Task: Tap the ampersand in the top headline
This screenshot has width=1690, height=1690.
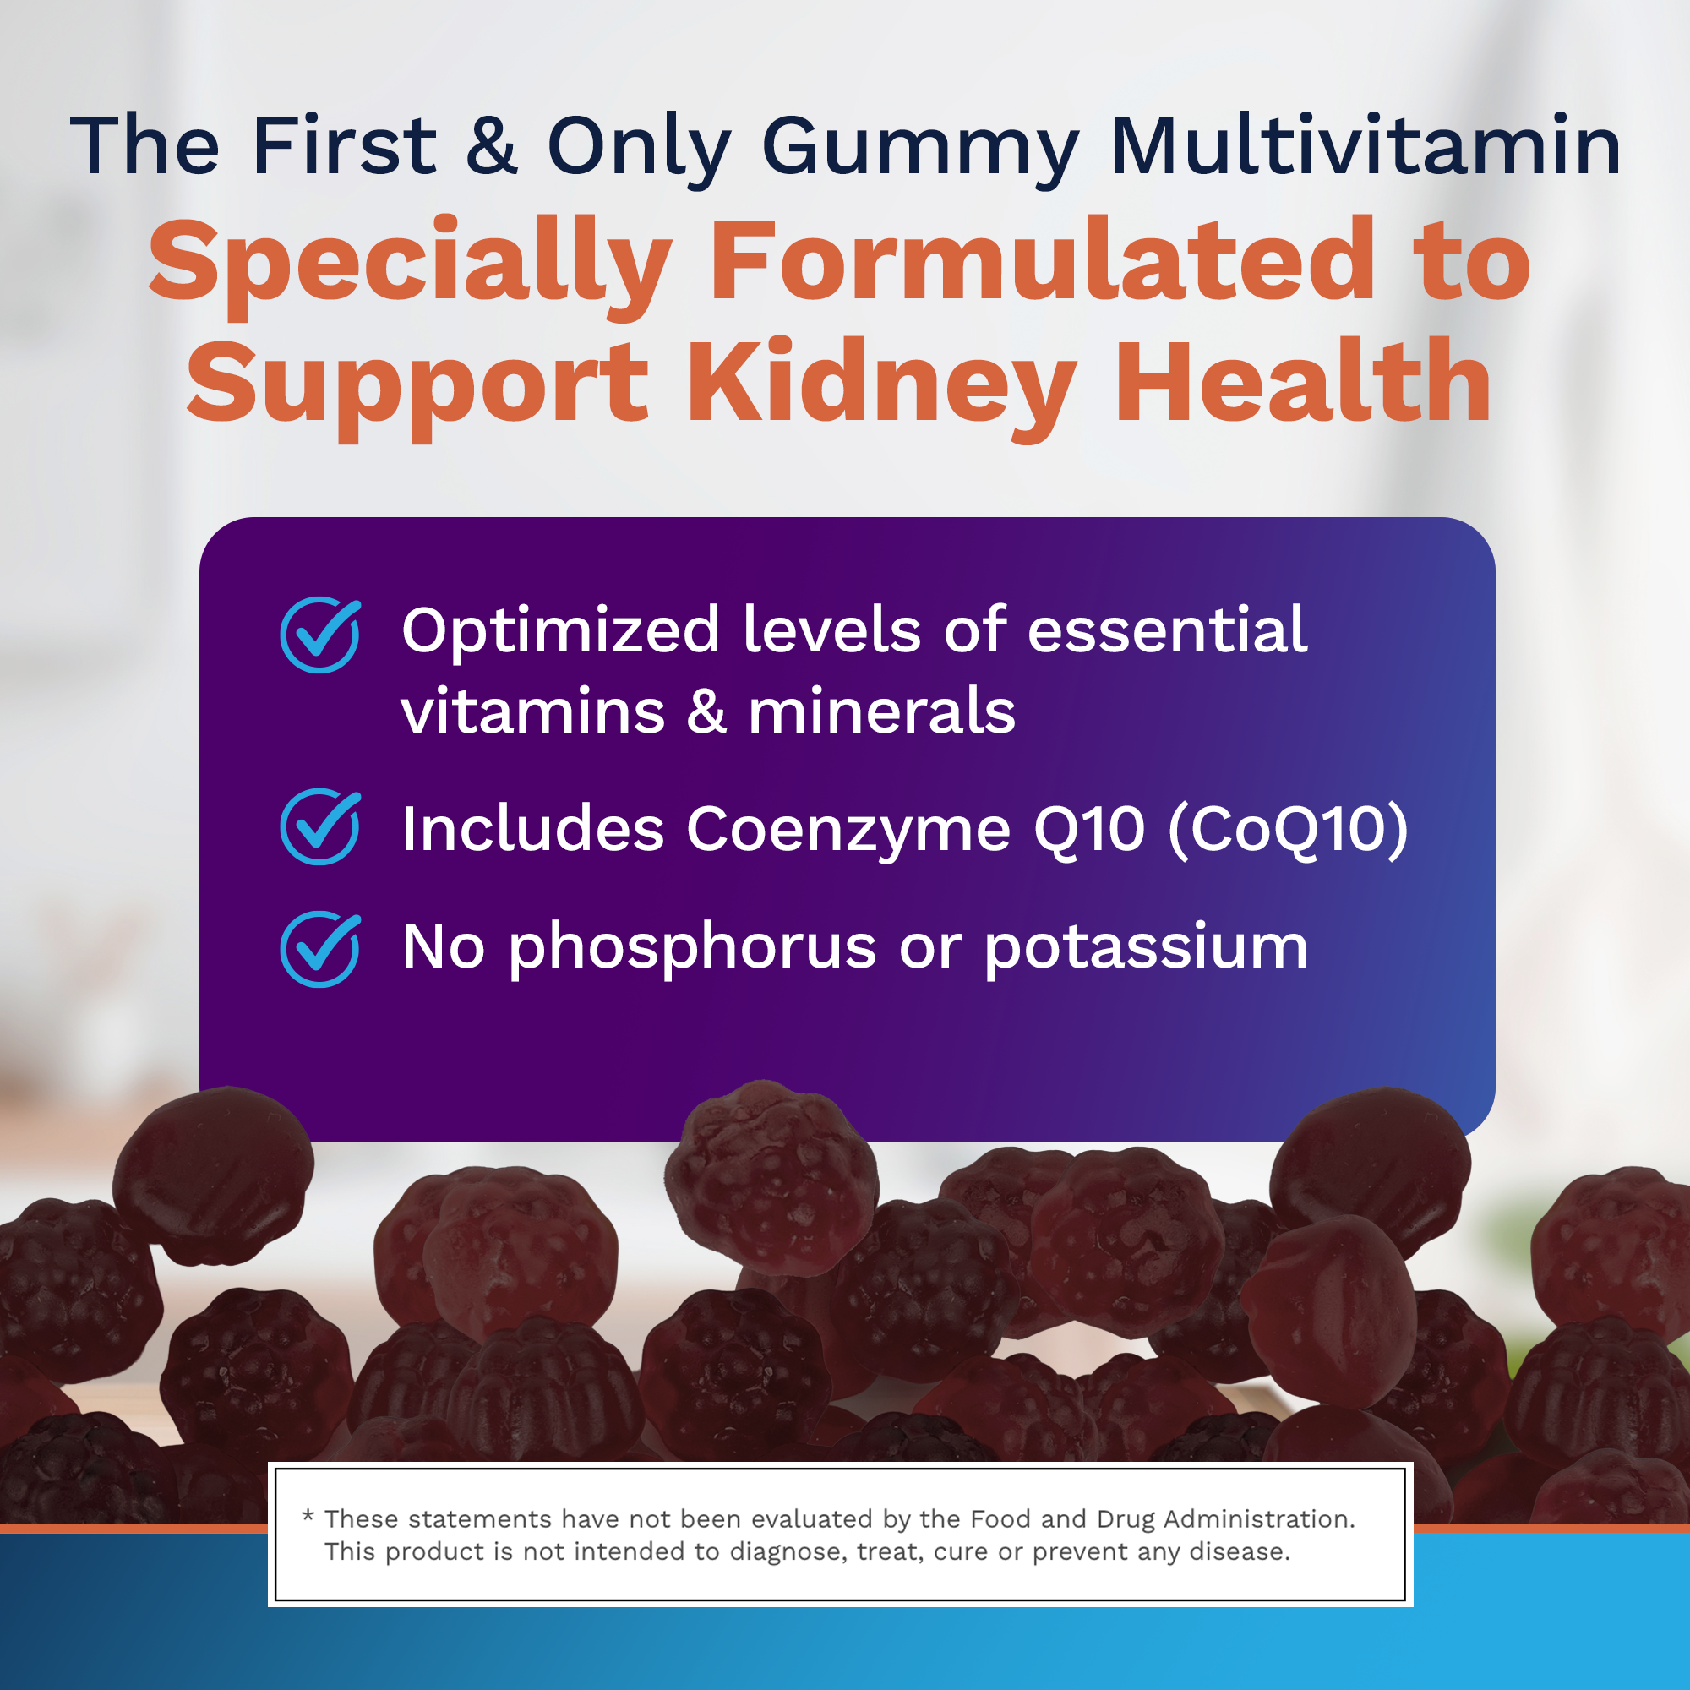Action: pos(492,144)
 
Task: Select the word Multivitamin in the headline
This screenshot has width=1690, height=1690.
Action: pos(1366,144)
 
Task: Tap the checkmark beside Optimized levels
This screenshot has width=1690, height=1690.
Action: pos(320,635)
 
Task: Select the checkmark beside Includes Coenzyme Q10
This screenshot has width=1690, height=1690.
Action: pos(320,827)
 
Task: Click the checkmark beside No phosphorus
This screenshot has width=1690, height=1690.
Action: pos(320,950)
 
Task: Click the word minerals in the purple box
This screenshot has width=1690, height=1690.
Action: pos(881,711)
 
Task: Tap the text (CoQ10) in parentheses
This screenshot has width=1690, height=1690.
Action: pos(1289,829)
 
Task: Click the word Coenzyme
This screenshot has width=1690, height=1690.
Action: pos(848,831)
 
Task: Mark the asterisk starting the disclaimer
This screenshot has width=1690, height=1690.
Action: pos(308,1516)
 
